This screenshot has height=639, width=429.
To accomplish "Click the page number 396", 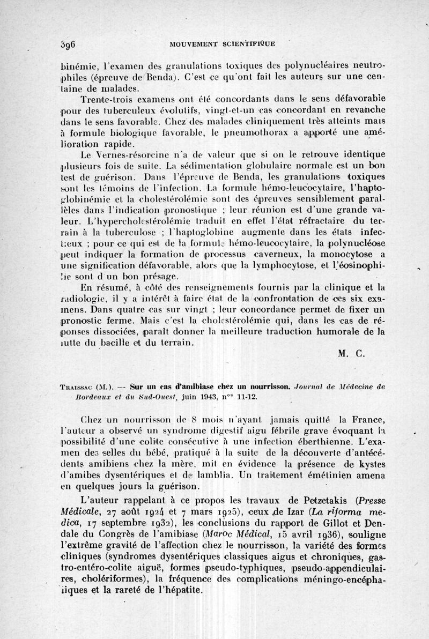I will pos(66,44).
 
